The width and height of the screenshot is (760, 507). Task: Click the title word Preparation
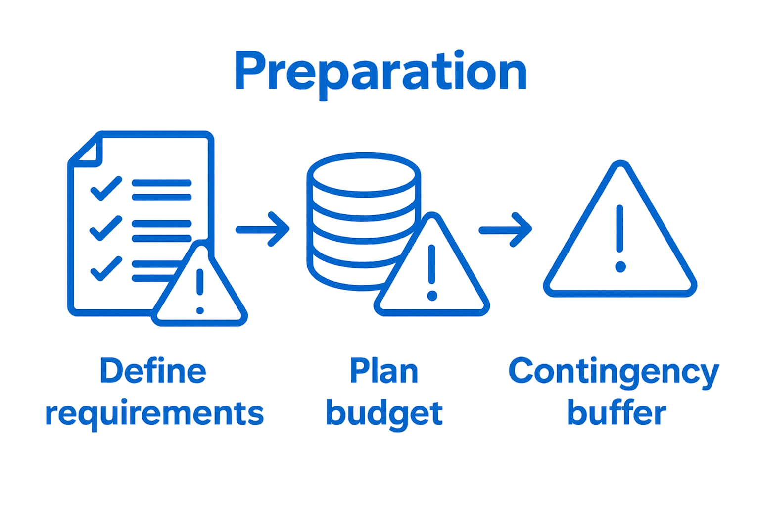pyautogui.click(x=380, y=72)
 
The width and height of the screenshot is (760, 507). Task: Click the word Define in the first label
pyautogui.click(x=153, y=371)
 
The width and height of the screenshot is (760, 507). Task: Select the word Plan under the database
pyautogui.click(x=384, y=371)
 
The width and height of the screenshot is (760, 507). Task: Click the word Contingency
pyautogui.click(x=614, y=371)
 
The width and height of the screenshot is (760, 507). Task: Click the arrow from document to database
pyautogui.click(x=263, y=229)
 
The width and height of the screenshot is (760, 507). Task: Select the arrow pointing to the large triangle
pyautogui.click(x=505, y=229)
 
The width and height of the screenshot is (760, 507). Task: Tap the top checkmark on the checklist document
pyautogui.click(x=105, y=189)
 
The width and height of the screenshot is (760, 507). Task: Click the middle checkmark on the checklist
pyautogui.click(x=105, y=228)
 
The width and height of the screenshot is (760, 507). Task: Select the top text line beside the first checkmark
pyautogui.click(x=161, y=183)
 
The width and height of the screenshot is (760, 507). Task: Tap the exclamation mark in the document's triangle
pyautogui.click(x=200, y=290)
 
